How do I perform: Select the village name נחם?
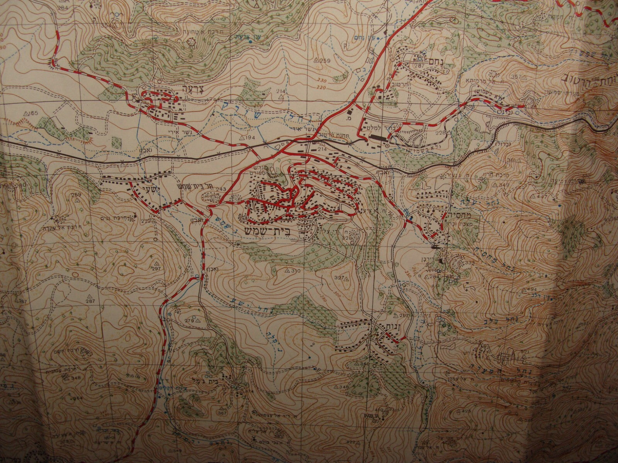(x=435, y=61)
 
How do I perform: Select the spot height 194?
(x=249, y=137)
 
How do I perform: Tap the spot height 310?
(x=295, y=271)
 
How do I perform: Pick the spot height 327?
(x=340, y=278)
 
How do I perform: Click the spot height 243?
(x=221, y=189)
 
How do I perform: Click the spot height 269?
(x=76, y=195)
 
